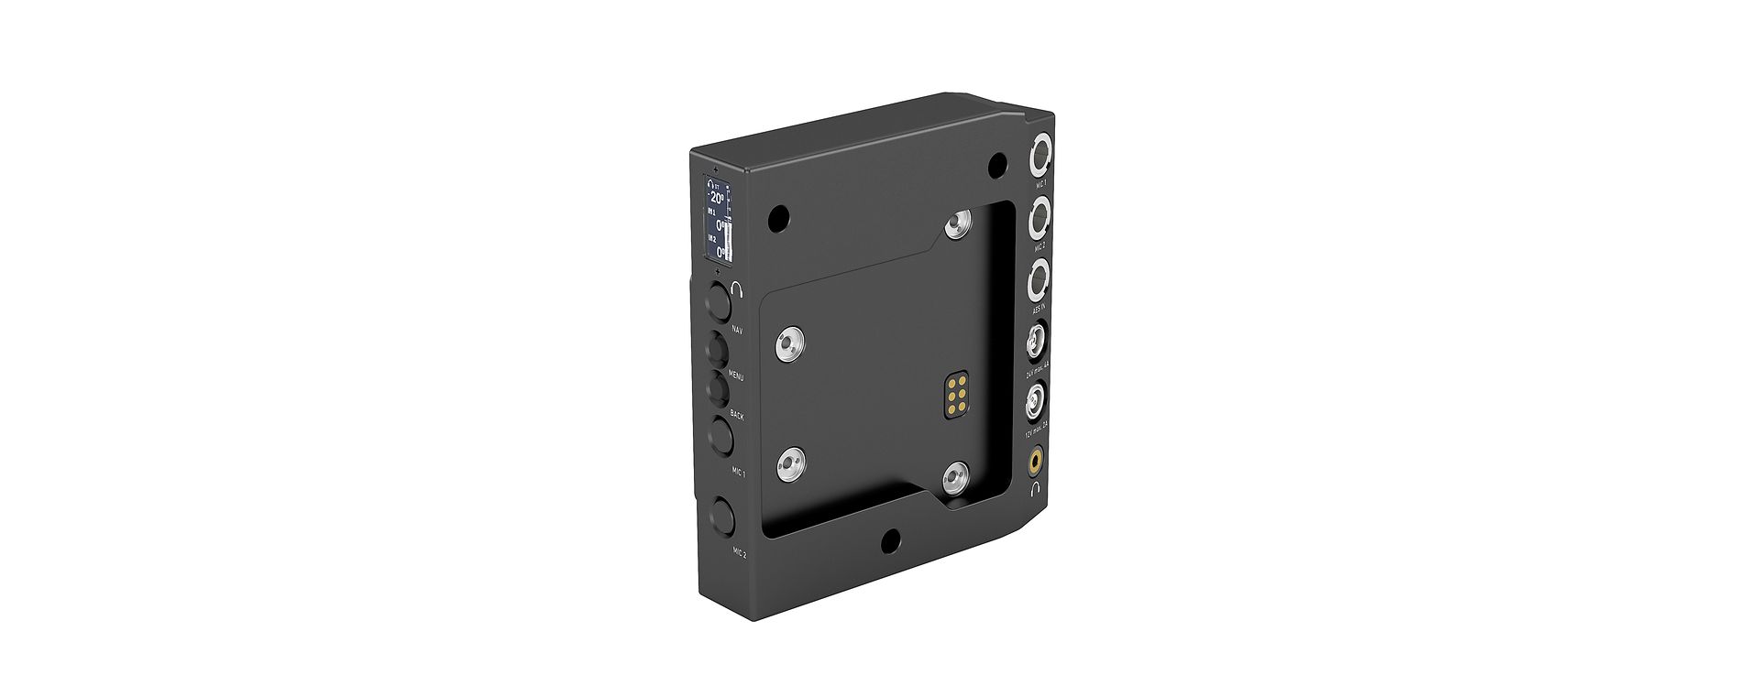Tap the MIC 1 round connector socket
1041,157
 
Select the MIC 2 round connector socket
1040,220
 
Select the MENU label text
736,376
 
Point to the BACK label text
737,416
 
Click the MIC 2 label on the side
739,553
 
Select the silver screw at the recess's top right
960,223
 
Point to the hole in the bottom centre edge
888,542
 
